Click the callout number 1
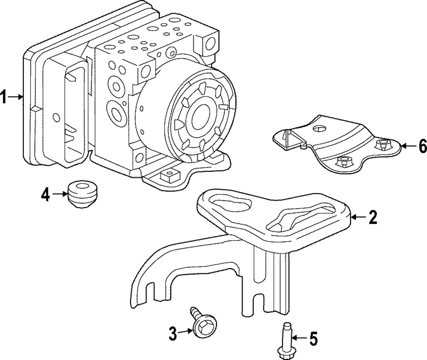(4, 97)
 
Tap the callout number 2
(372, 217)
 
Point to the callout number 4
(46, 195)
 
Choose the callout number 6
(422, 146)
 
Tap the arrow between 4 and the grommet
(59, 195)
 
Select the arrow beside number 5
(299, 339)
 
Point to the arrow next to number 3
(186, 332)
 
